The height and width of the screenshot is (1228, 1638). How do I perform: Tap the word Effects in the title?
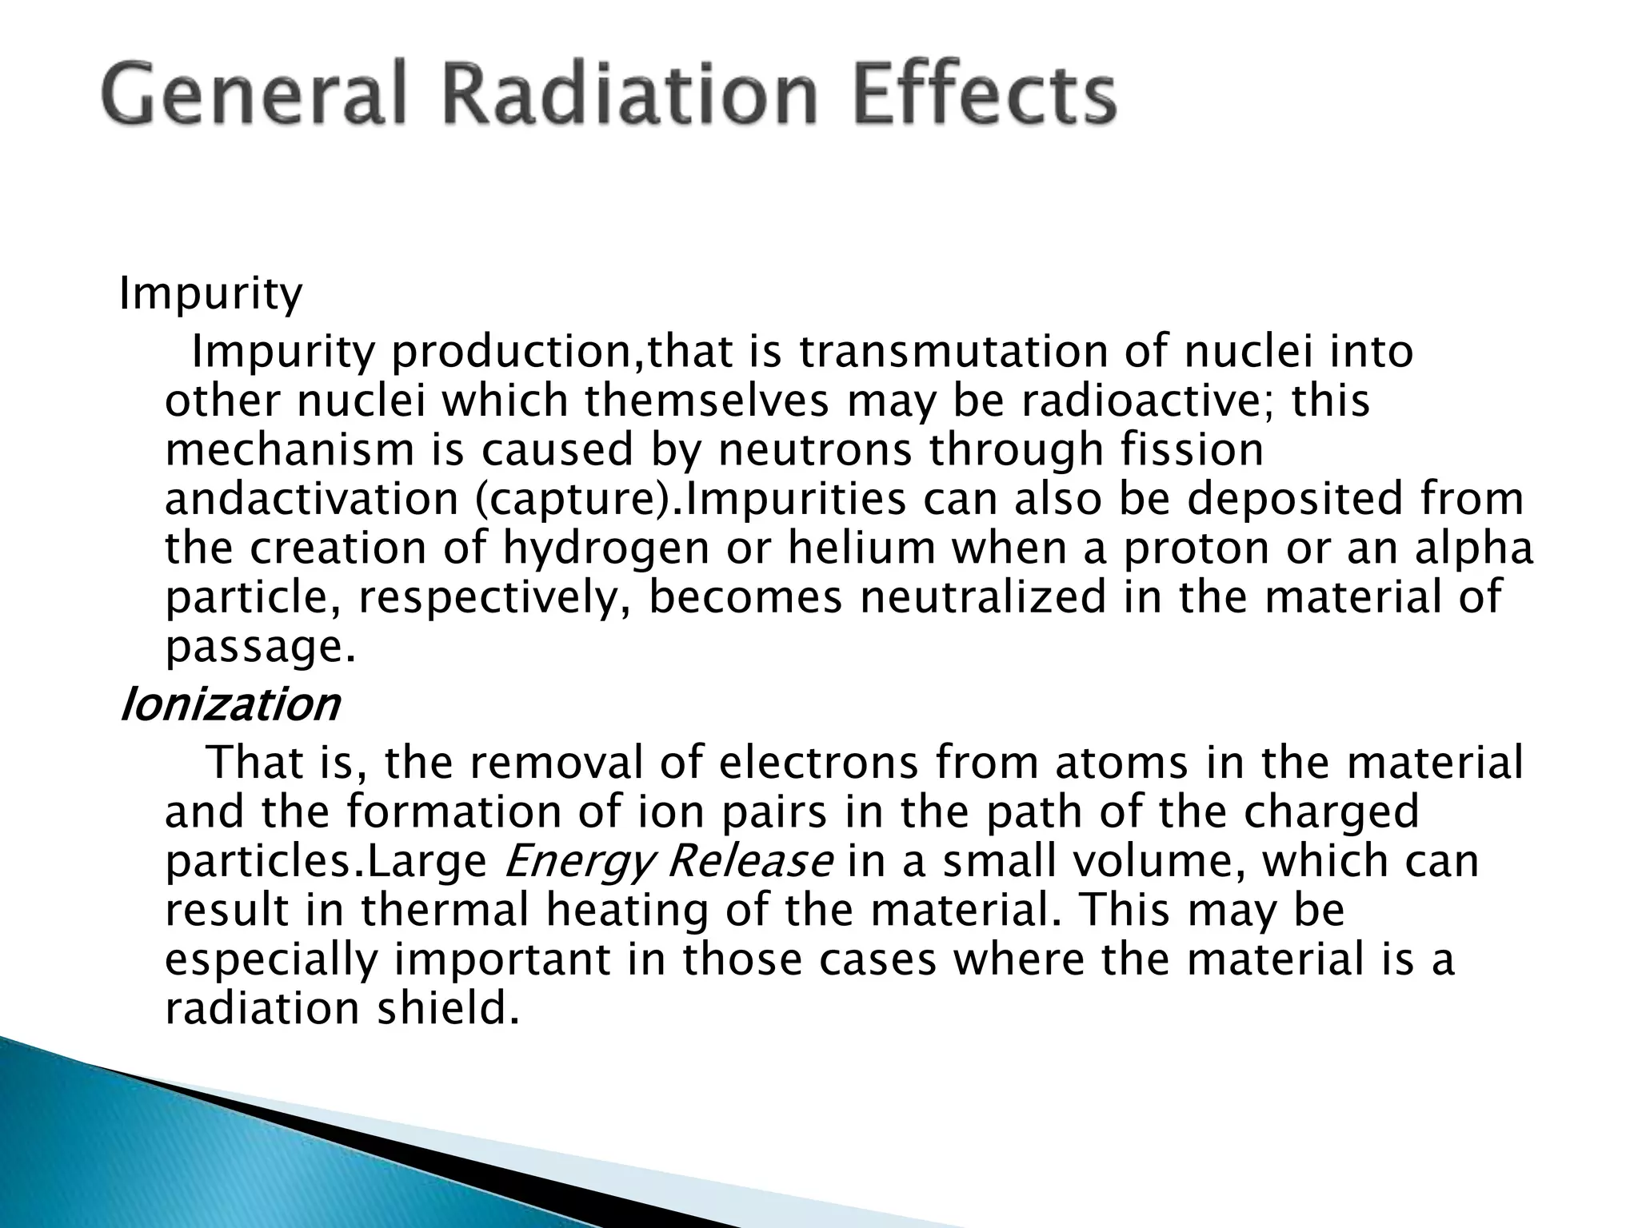pyautogui.click(x=976, y=95)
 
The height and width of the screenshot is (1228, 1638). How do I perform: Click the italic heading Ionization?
pyautogui.click(x=230, y=705)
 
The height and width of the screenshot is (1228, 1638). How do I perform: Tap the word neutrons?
pyautogui.click(x=815, y=450)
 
